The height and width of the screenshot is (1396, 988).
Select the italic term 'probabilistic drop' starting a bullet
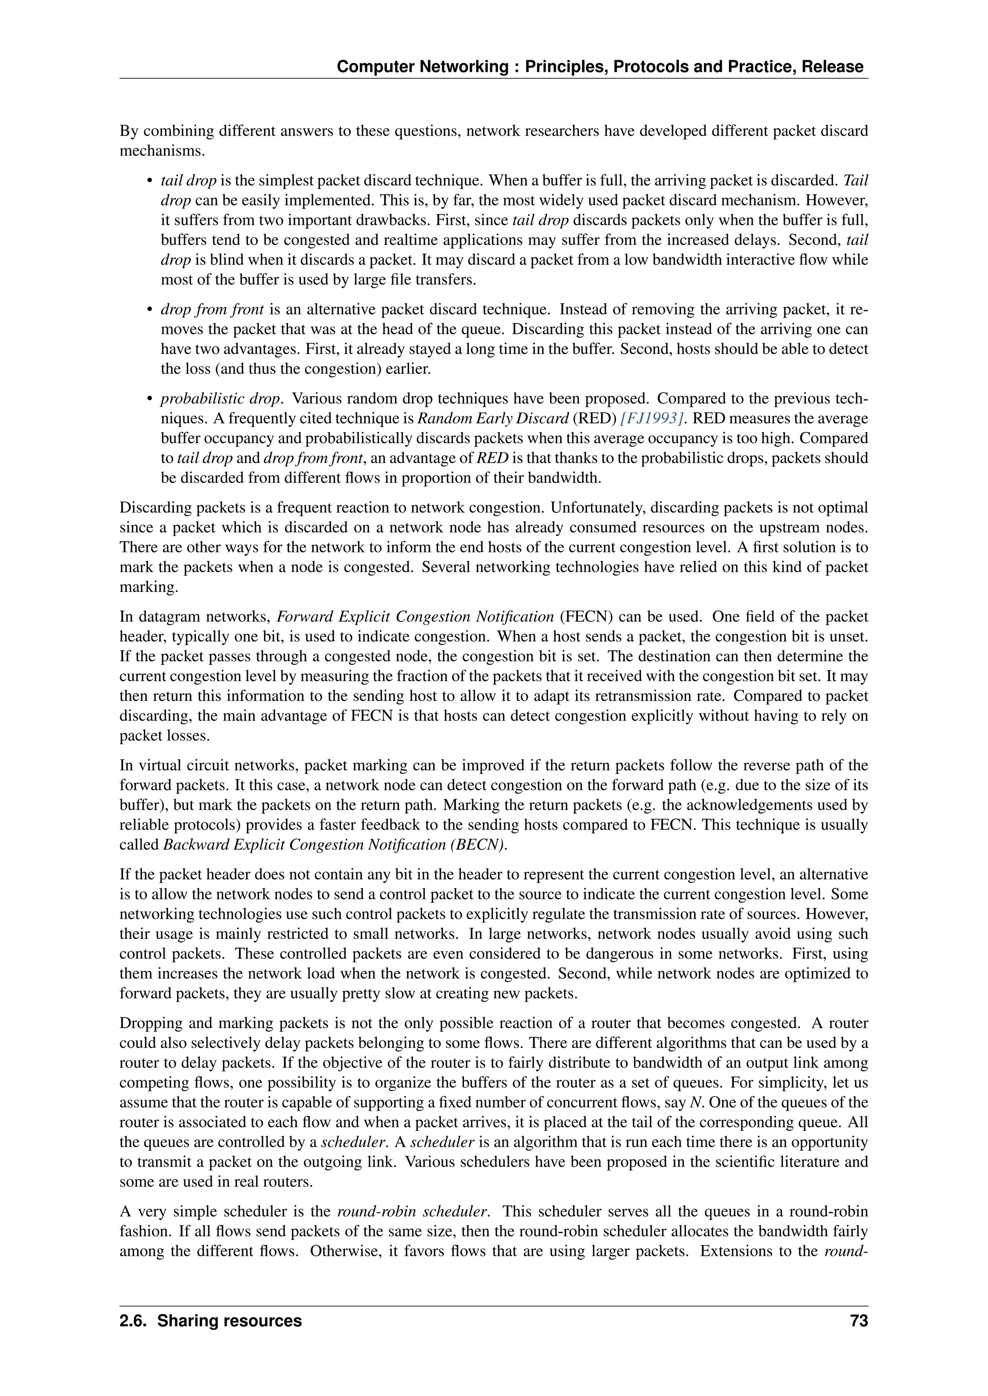click(x=220, y=399)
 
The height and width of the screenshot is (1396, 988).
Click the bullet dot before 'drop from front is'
click(x=149, y=310)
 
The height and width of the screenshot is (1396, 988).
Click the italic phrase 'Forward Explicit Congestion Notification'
click(x=415, y=617)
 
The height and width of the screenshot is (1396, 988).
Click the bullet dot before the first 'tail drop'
click(x=149, y=181)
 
